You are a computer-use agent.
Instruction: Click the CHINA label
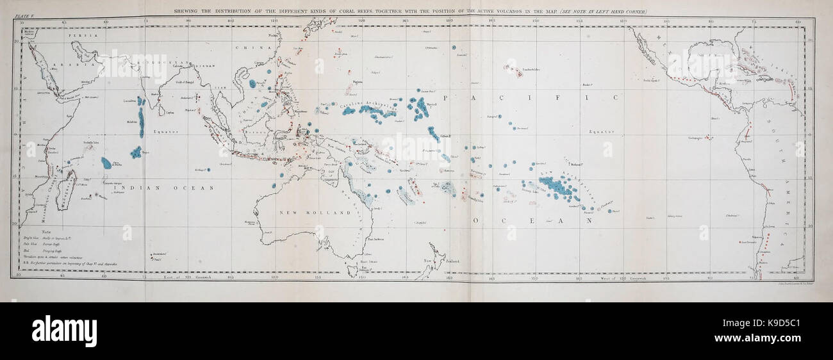pos(246,48)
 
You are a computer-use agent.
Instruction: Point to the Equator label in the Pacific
pos(601,132)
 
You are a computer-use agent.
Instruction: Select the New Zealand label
pos(436,260)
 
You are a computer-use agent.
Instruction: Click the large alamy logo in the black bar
pos(64,331)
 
